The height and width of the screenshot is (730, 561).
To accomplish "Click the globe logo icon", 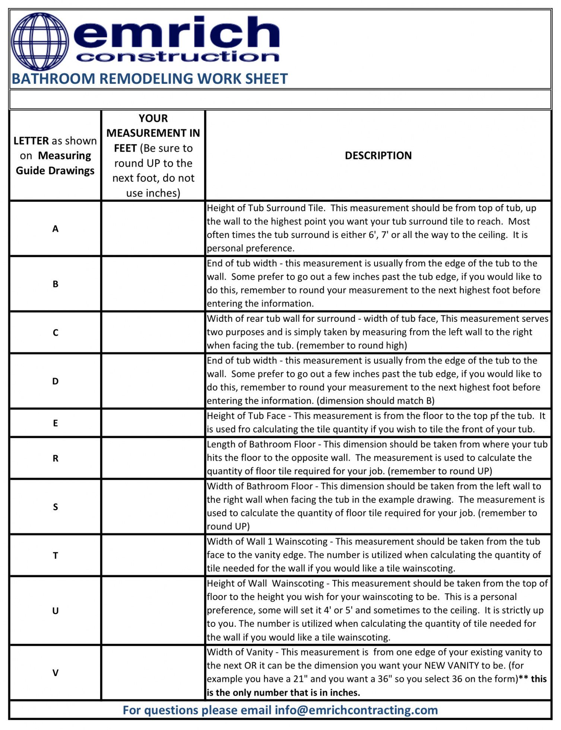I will point(40,41).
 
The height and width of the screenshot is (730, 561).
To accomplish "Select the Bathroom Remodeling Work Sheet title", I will point(150,79).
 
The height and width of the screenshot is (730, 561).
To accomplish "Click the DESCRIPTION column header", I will point(378,156).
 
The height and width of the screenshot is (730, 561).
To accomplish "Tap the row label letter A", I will point(56,229).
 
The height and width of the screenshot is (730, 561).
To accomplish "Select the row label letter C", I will point(56,333).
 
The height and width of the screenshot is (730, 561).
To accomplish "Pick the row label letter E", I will point(56,423).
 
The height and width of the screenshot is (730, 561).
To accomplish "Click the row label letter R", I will point(56,458).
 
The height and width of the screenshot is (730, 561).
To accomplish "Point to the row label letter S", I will point(56,507).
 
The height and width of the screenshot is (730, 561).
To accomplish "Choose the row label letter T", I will point(56,556).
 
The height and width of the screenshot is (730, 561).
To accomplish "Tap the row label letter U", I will point(56,611).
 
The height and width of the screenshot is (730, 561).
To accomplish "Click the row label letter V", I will point(56,673).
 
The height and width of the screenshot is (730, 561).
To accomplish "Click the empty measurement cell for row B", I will point(153,284).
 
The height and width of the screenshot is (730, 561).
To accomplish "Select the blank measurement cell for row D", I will point(153,381).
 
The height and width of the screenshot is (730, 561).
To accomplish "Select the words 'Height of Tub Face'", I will point(246,416).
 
